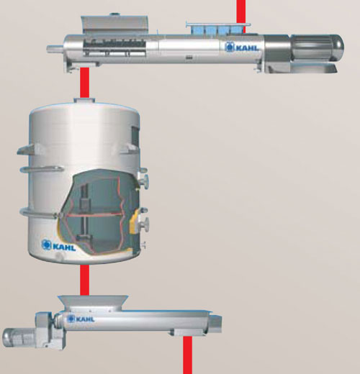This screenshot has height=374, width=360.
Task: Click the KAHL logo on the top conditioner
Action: (242, 47)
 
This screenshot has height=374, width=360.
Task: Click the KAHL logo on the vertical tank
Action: (58, 245)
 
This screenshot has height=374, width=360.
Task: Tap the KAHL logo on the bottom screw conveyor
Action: (81, 319)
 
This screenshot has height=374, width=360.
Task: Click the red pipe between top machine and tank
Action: (84, 83)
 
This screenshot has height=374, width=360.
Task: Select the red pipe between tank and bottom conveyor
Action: (84, 280)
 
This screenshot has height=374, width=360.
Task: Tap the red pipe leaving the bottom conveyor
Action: (188, 355)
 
